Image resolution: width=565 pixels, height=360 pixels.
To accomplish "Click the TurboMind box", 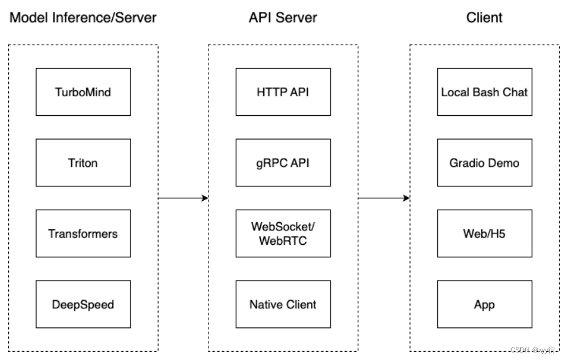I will click(x=83, y=92).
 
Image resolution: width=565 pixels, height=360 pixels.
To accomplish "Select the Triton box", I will click(x=83, y=163).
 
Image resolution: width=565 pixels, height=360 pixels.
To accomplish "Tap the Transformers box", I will click(x=83, y=233).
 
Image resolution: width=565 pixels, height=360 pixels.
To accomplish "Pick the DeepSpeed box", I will click(x=83, y=305).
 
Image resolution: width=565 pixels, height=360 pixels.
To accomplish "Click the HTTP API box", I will click(x=283, y=92).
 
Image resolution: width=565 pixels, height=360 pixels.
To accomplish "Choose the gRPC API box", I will click(x=283, y=163).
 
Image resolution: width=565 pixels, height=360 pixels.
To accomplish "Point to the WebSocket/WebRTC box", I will click(x=283, y=233).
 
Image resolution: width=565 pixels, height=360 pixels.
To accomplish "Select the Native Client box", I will click(x=283, y=305).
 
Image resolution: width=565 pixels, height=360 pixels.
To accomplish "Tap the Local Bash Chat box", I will click(x=484, y=92).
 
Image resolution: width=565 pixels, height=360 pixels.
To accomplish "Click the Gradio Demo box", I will click(x=484, y=163).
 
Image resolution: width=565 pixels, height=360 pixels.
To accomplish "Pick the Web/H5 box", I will click(x=484, y=233).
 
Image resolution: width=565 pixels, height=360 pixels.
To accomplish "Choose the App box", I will click(x=484, y=305).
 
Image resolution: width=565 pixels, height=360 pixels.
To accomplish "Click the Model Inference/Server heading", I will click(x=83, y=18).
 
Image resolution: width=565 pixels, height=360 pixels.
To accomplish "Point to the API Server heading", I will click(x=283, y=18).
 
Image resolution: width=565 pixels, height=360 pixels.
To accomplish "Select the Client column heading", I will click(x=484, y=18).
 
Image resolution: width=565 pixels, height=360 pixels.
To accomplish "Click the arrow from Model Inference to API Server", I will click(x=183, y=198).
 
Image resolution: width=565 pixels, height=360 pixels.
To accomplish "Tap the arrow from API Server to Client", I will click(x=384, y=198).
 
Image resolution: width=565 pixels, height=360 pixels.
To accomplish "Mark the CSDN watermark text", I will click(x=533, y=350).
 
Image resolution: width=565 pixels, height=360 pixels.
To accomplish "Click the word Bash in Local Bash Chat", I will click(x=485, y=92).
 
